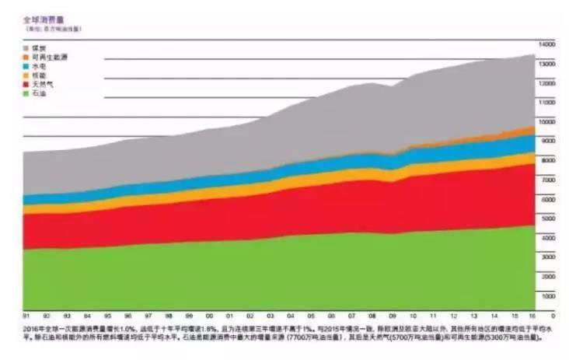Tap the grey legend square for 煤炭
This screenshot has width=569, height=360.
click(x=26, y=48)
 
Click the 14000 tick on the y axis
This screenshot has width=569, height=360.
click(x=548, y=44)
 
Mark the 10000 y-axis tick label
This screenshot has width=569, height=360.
click(x=548, y=122)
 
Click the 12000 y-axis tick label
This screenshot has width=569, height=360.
click(x=548, y=83)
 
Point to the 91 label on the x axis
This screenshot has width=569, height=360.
click(x=26, y=316)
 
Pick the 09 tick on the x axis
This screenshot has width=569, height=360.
click(x=393, y=316)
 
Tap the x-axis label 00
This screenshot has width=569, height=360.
click(x=208, y=316)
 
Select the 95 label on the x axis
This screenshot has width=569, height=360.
click(x=106, y=316)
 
